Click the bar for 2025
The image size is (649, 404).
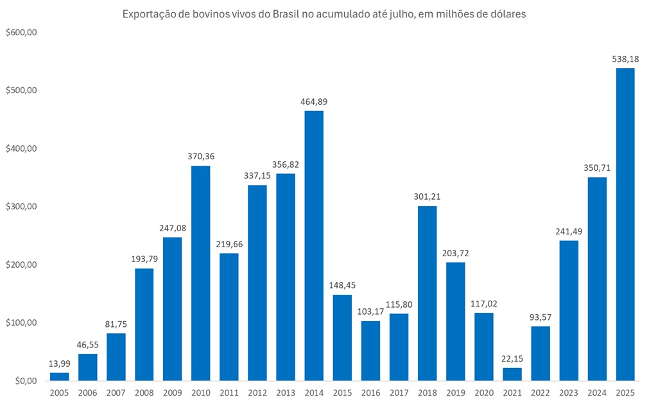pos(625,224)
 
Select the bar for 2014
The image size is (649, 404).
pos(314,245)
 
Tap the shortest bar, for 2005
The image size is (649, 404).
pos(60,376)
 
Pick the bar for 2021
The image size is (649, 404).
pos(512,374)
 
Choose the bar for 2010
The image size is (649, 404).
pos(201,273)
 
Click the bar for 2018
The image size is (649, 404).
pos(427,293)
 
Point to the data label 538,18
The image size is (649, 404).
pos(625,58)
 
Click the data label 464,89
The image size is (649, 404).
pos(314,101)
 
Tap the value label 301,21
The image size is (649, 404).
pos(427,197)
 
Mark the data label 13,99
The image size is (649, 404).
pos(60,363)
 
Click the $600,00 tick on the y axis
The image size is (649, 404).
pos(21,32)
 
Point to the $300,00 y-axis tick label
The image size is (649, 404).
pos(21,207)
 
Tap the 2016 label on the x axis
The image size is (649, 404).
pos(370,392)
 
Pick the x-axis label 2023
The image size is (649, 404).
pos(568,392)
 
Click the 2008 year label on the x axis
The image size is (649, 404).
pos(144,392)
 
